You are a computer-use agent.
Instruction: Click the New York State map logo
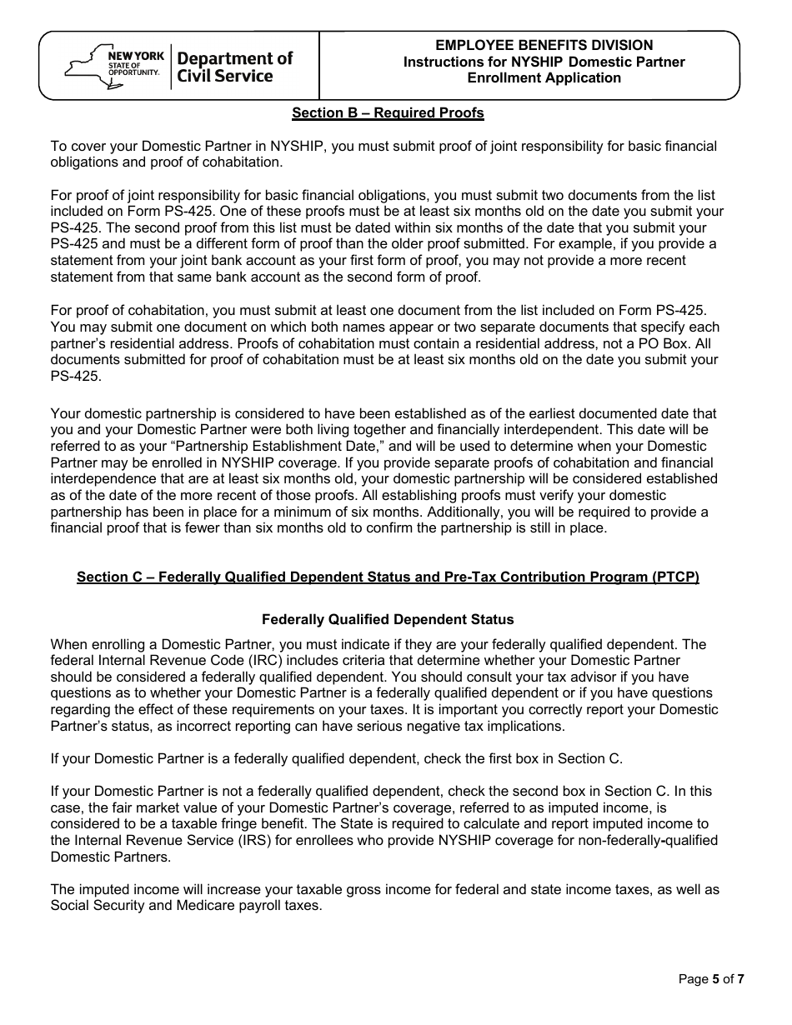pyautogui.click(x=84, y=66)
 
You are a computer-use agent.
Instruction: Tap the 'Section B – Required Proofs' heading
pyautogui.click(x=388, y=112)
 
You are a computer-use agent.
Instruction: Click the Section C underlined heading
pyautogui.click(x=388, y=577)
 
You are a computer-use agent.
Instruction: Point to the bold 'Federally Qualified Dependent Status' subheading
pyautogui.click(x=388, y=620)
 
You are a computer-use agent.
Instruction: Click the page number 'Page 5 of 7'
pyautogui.click(x=711, y=979)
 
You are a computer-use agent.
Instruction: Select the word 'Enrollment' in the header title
pyautogui.click(x=501, y=78)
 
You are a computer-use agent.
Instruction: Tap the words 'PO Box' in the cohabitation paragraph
pyautogui.click(x=654, y=343)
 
